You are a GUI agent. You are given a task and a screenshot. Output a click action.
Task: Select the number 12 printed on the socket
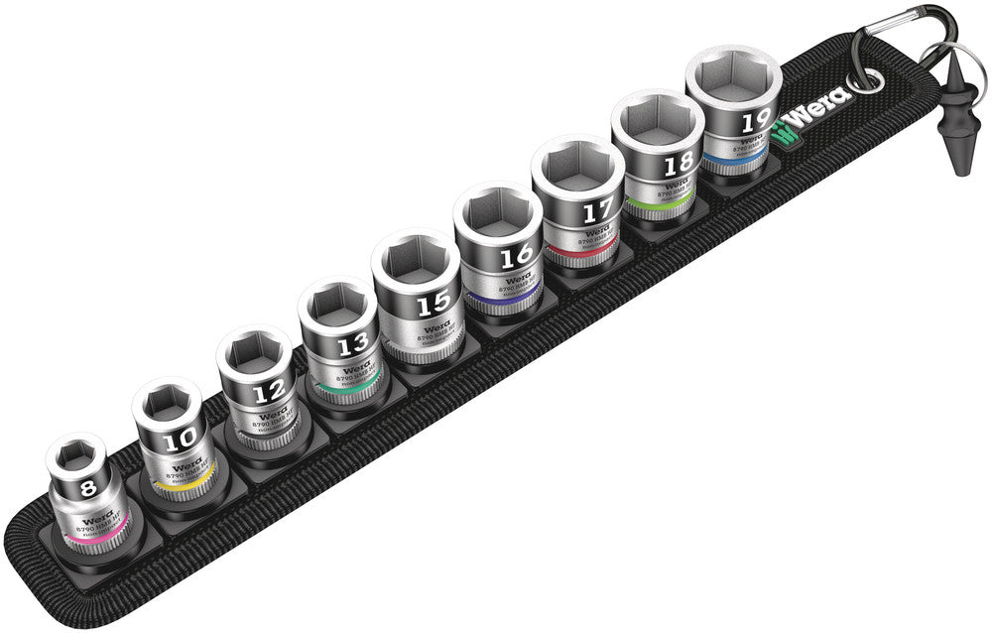[268, 393]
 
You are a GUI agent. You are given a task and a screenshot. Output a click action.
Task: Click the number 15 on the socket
[434, 302]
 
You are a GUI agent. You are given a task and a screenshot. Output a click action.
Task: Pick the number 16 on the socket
[515, 258]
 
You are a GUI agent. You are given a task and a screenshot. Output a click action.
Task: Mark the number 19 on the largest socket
[756, 123]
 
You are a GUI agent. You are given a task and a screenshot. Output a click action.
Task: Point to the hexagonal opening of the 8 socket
[74, 456]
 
